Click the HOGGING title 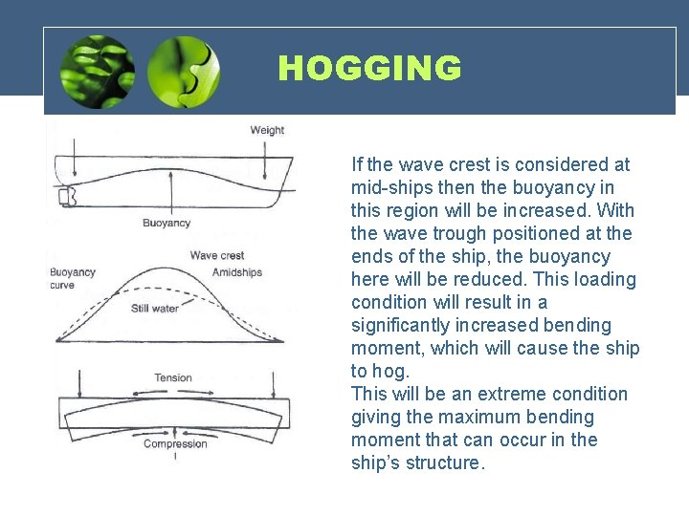[369, 69]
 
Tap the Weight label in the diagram [267, 130]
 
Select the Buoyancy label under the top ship [167, 223]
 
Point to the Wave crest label [217, 255]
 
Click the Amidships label [237, 272]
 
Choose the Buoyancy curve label [73, 278]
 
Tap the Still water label [155, 308]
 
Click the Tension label [173, 377]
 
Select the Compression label [175, 443]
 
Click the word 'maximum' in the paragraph [497, 417]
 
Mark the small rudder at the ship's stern [67, 197]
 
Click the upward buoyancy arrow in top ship [170, 196]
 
